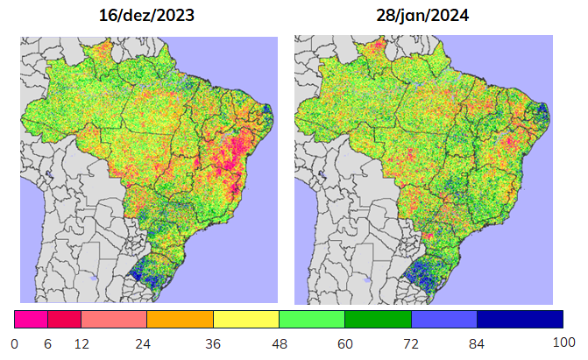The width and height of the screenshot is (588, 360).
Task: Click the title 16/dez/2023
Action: pos(146,16)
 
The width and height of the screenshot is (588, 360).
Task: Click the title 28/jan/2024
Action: pos(422,16)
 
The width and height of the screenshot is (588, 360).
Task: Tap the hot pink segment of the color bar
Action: pos(32,319)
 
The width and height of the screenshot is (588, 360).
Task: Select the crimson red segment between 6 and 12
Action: pos(65,319)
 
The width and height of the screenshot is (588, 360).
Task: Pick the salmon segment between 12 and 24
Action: pos(114,319)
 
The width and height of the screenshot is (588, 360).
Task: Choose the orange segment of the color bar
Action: pos(180,319)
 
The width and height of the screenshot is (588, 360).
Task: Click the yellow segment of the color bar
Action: pos(246,319)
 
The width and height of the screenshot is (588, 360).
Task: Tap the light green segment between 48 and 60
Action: pos(312,319)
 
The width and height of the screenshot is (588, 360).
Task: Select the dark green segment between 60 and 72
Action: pos(378,319)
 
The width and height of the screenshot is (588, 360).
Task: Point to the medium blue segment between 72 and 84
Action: pos(444,319)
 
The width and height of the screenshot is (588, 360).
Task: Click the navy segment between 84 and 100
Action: pos(521,319)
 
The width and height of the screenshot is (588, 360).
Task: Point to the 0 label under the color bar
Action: pos(15,344)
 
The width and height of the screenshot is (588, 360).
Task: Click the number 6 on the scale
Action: pos(47,344)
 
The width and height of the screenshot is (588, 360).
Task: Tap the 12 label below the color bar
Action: pos(81,344)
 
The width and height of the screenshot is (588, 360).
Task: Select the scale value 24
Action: pos(143,344)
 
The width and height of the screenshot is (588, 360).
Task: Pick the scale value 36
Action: pos(213,344)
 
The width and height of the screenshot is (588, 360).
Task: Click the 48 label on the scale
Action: pos(280,344)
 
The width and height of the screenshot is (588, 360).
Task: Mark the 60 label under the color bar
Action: pos(345,344)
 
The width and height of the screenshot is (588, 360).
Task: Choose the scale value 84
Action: pos(477,344)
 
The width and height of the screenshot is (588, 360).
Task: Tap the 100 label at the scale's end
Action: pos(564,342)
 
